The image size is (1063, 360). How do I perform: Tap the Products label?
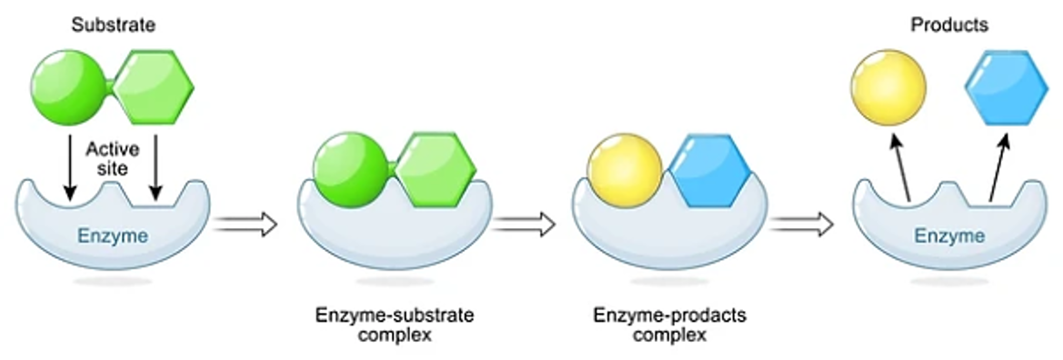click(949, 25)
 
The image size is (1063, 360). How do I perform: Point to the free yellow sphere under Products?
click(888, 87)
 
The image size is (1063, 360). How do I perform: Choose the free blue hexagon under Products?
click(1001, 87)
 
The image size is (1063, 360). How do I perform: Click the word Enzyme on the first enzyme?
click(114, 238)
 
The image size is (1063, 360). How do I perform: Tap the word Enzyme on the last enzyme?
click(949, 237)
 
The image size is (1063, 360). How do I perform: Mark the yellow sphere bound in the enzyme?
click(626, 171)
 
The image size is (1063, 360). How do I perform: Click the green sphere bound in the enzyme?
click(349, 171)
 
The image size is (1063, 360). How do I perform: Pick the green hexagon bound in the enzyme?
click(436, 171)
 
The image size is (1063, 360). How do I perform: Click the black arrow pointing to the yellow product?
click(900, 165)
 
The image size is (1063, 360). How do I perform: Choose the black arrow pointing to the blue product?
click(998, 165)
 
